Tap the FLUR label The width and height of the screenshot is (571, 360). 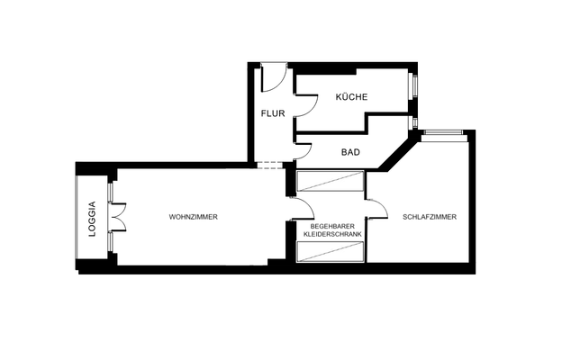[273, 114]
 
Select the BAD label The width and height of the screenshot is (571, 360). [350, 152]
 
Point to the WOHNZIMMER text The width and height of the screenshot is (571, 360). [194, 217]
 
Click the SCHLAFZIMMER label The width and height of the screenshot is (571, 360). [430, 217]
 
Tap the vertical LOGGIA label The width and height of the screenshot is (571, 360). [92, 219]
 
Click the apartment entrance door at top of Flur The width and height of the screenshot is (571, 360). [274, 79]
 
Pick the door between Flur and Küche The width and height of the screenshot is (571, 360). [305, 107]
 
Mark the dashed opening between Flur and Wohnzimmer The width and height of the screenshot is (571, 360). [269, 166]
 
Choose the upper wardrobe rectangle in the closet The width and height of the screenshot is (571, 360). [330, 182]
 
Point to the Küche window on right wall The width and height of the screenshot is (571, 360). [414, 87]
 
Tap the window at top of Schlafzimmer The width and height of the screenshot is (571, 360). [445, 135]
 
